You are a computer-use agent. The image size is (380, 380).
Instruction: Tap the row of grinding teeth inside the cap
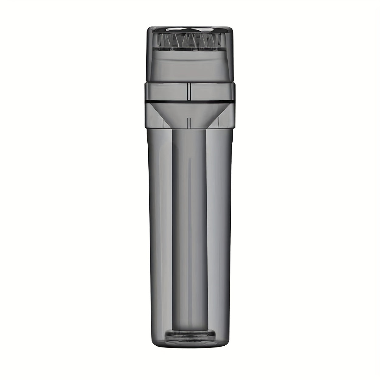[x=190, y=40]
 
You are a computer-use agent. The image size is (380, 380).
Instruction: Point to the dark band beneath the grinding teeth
[x=190, y=49]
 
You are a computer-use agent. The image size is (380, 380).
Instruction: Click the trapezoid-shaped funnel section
[x=190, y=114]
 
